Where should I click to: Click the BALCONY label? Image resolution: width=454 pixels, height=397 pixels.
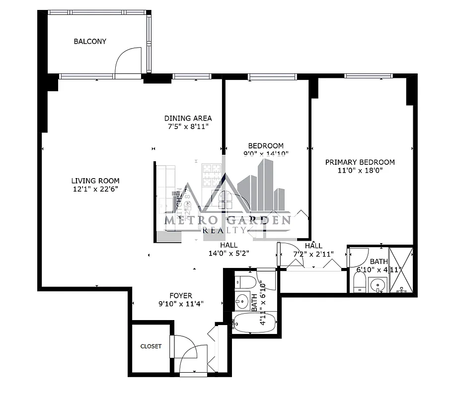90,42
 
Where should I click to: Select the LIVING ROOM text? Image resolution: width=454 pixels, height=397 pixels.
95,181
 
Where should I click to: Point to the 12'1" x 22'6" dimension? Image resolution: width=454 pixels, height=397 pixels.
95,189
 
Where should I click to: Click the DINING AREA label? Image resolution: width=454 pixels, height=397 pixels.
188,118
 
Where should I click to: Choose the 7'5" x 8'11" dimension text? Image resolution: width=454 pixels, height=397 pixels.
188,127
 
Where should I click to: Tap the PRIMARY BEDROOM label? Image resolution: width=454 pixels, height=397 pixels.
360,162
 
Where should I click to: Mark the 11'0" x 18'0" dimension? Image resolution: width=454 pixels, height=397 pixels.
360,170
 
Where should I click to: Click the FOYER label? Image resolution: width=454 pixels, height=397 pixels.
181,296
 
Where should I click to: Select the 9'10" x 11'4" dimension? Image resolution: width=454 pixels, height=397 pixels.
181,304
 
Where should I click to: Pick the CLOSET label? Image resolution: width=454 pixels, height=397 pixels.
151,346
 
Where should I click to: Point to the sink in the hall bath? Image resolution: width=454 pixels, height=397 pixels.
242,301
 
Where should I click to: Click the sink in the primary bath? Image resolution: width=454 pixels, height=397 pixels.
378,286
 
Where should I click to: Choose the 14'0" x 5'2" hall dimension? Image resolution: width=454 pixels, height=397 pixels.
228,253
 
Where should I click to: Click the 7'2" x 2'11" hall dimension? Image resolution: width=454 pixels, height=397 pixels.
313,254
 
